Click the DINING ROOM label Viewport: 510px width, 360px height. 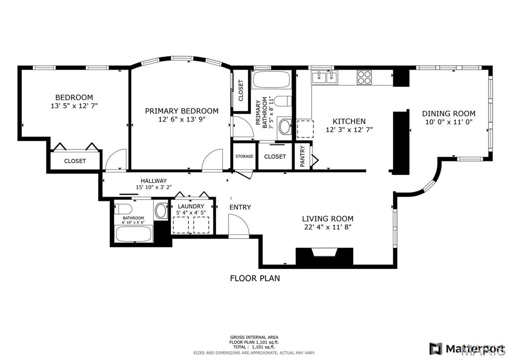[448, 114]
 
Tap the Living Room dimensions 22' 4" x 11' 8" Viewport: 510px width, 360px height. [328, 228]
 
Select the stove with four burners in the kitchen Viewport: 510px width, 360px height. [364, 78]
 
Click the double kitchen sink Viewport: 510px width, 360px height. [324, 77]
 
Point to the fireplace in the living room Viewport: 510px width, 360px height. [324, 256]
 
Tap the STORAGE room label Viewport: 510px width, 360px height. [244, 156]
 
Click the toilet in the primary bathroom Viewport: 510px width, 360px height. [283, 102]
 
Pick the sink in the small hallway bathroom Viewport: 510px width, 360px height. [161, 211]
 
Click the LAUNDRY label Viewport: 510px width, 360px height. [191, 206]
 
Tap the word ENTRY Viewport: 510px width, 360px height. [240, 207]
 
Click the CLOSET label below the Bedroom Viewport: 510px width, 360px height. [75, 161]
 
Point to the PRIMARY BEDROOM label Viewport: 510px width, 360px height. [181, 111]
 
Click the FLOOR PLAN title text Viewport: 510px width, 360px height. [255, 278]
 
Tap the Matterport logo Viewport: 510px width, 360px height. [468, 347]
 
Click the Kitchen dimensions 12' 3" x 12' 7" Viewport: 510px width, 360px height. [349, 129]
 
